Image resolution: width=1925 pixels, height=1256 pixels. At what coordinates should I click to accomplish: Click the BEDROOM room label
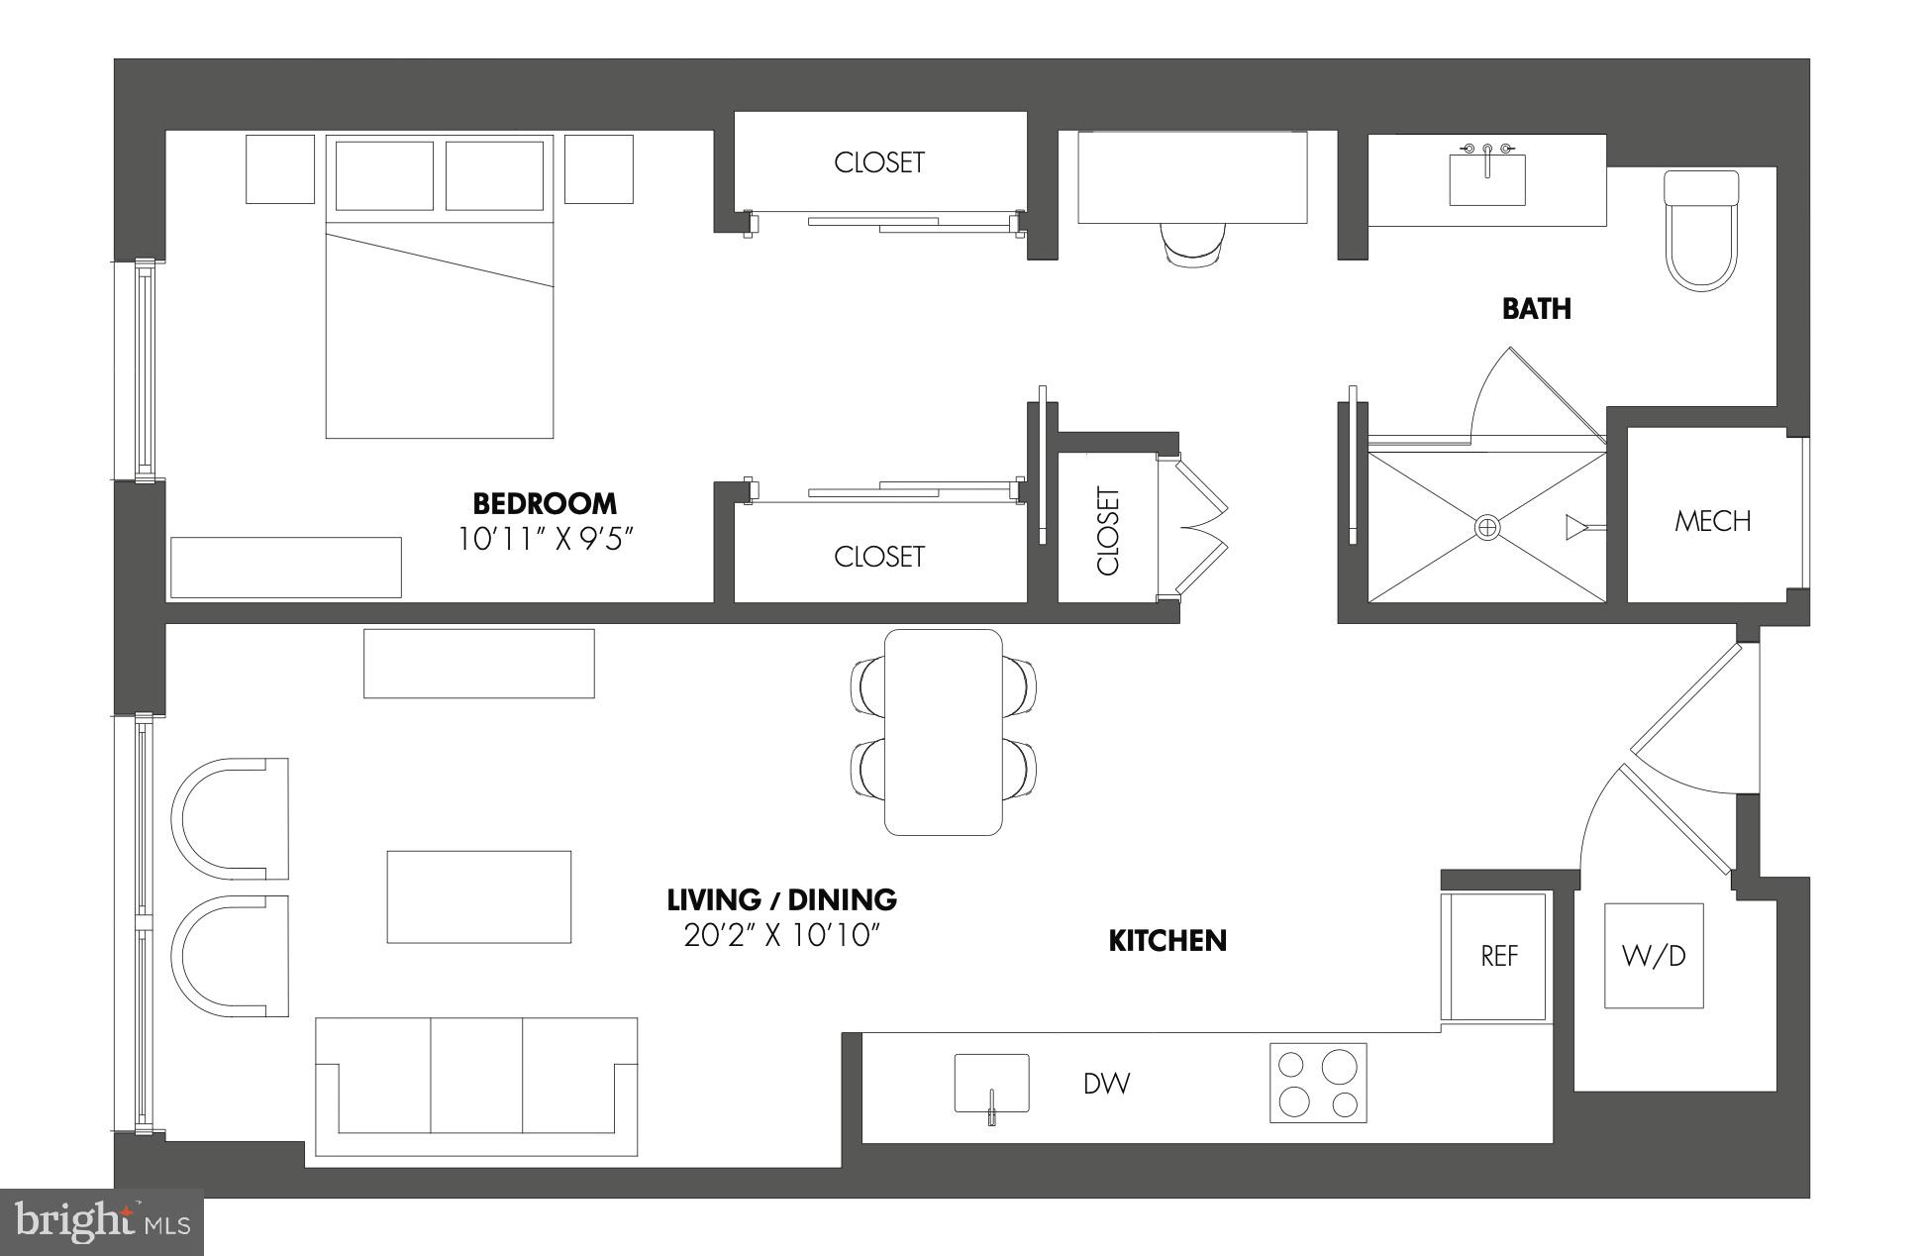coord(544,503)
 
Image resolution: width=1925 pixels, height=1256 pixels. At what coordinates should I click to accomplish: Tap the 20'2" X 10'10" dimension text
coord(781,935)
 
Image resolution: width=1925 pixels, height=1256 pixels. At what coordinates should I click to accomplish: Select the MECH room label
coord(1712,521)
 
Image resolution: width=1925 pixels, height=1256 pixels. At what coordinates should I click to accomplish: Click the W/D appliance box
coord(1653,956)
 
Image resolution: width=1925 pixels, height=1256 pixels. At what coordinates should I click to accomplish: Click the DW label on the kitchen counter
coord(1106,1084)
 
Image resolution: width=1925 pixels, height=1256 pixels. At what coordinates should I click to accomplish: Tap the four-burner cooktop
coord(1318,1083)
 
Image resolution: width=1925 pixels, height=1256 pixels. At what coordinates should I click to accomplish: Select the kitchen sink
coord(991,1084)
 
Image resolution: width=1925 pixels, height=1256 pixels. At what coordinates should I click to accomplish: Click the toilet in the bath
coord(1701,230)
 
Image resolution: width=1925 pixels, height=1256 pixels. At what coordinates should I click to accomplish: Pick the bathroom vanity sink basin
coord(1486,180)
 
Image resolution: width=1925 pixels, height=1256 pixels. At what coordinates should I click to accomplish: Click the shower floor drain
coord(1487,527)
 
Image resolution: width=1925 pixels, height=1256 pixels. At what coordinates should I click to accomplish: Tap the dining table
coord(943,732)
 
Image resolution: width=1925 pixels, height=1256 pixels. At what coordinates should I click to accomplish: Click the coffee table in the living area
coord(478,896)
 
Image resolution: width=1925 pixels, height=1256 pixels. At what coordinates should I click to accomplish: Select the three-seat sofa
coord(476,1086)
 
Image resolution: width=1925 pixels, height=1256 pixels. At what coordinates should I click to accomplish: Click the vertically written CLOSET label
coord(1108,530)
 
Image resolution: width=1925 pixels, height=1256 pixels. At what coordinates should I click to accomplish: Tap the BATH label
coord(1536,309)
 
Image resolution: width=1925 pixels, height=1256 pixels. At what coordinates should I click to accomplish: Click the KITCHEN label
coord(1166,940)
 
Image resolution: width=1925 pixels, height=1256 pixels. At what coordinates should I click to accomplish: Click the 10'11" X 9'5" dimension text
coord(544,539)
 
